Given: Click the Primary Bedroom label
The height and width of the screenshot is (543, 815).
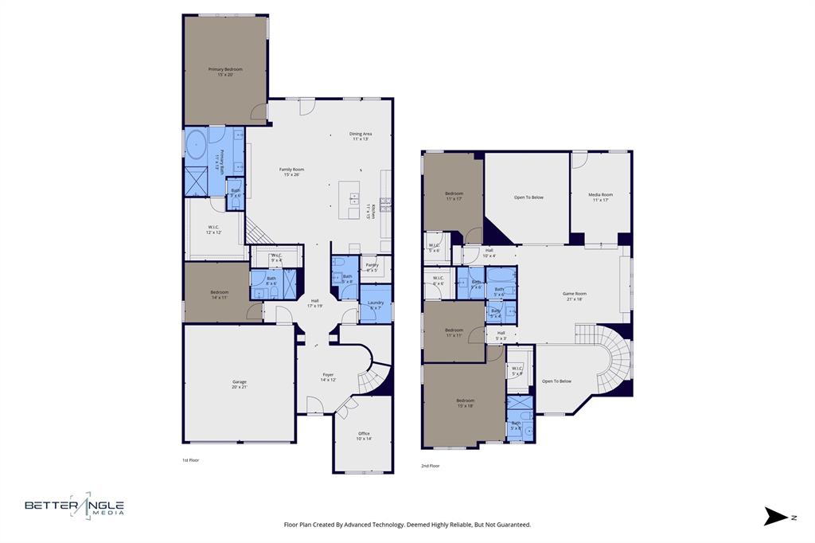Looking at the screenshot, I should (225, 72).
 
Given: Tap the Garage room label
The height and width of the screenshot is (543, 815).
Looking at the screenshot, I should (239, 384).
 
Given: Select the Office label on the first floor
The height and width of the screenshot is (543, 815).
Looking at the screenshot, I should (364, 436).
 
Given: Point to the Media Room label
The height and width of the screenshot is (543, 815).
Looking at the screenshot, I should (601, 197).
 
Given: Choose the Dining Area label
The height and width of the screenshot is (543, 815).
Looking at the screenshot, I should (361, 136).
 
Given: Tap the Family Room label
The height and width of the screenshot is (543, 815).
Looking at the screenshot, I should (291, 171).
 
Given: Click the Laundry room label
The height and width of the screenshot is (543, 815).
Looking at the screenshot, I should (376, 304).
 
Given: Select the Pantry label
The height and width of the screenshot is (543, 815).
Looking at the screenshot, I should (371, 267).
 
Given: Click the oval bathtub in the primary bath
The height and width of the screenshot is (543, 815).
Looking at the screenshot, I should (195, 146).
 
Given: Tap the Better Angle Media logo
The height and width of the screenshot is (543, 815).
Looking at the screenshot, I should (74, 506).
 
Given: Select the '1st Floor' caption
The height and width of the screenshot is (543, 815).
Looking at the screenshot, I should (191, 460).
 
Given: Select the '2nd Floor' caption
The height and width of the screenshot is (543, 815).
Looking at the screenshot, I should (430, 466).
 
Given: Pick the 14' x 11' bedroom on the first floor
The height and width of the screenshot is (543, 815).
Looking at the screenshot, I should (220, 294).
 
